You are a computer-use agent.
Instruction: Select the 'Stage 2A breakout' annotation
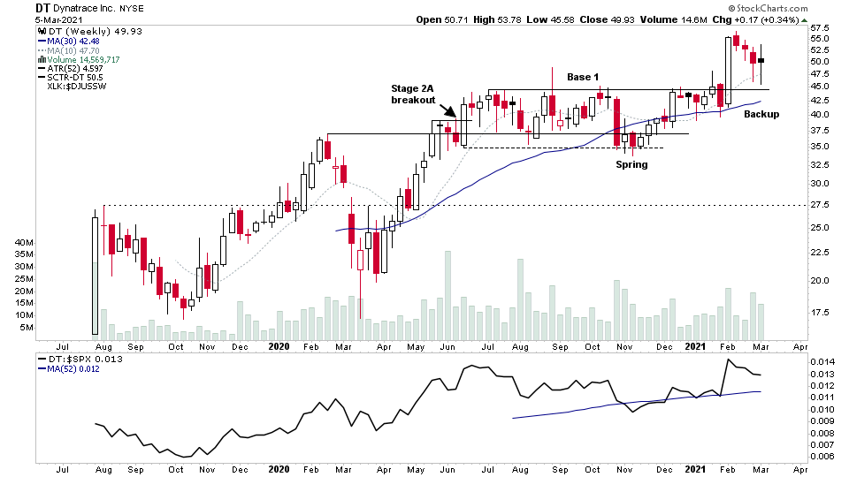point(414,95)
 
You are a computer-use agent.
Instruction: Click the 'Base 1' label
point(584,78)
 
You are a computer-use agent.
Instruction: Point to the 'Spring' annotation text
point(631,164)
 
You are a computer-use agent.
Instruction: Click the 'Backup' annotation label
point(761,114)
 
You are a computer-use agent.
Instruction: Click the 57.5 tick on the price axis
point(820,27)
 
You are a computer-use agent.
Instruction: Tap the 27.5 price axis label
point(820,205)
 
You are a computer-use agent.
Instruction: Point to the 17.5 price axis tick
point(820,313)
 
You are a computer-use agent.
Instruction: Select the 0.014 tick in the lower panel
point(822,363)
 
